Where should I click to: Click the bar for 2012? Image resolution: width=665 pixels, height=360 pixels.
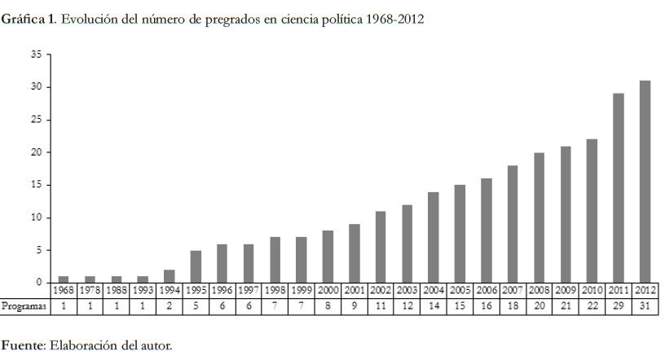(x=645, y=181)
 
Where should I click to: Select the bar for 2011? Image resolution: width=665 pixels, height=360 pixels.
(x=619, y=187)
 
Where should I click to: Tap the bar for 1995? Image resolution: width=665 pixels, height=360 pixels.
(x=196, y=266)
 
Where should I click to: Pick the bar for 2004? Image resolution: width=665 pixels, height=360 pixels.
(x=434, y=237)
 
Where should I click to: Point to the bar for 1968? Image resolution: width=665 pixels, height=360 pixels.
(x=64, y=279)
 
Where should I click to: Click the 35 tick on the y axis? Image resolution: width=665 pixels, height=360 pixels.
(x=36, y=55)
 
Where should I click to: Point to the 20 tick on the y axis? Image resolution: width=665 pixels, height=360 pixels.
(x=36, y=152)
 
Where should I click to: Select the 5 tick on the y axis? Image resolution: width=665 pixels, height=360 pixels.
(x=37, y=250)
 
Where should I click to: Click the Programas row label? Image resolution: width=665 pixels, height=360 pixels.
(x=24, y=306)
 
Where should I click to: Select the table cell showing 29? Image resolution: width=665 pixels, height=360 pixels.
(x=619, y=306)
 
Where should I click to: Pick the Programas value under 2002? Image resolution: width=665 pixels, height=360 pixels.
(x=381, y=306)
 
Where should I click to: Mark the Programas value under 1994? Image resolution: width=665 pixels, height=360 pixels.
(x=170, y=306)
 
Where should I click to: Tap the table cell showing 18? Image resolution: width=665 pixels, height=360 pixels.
(x=513, y=306)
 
